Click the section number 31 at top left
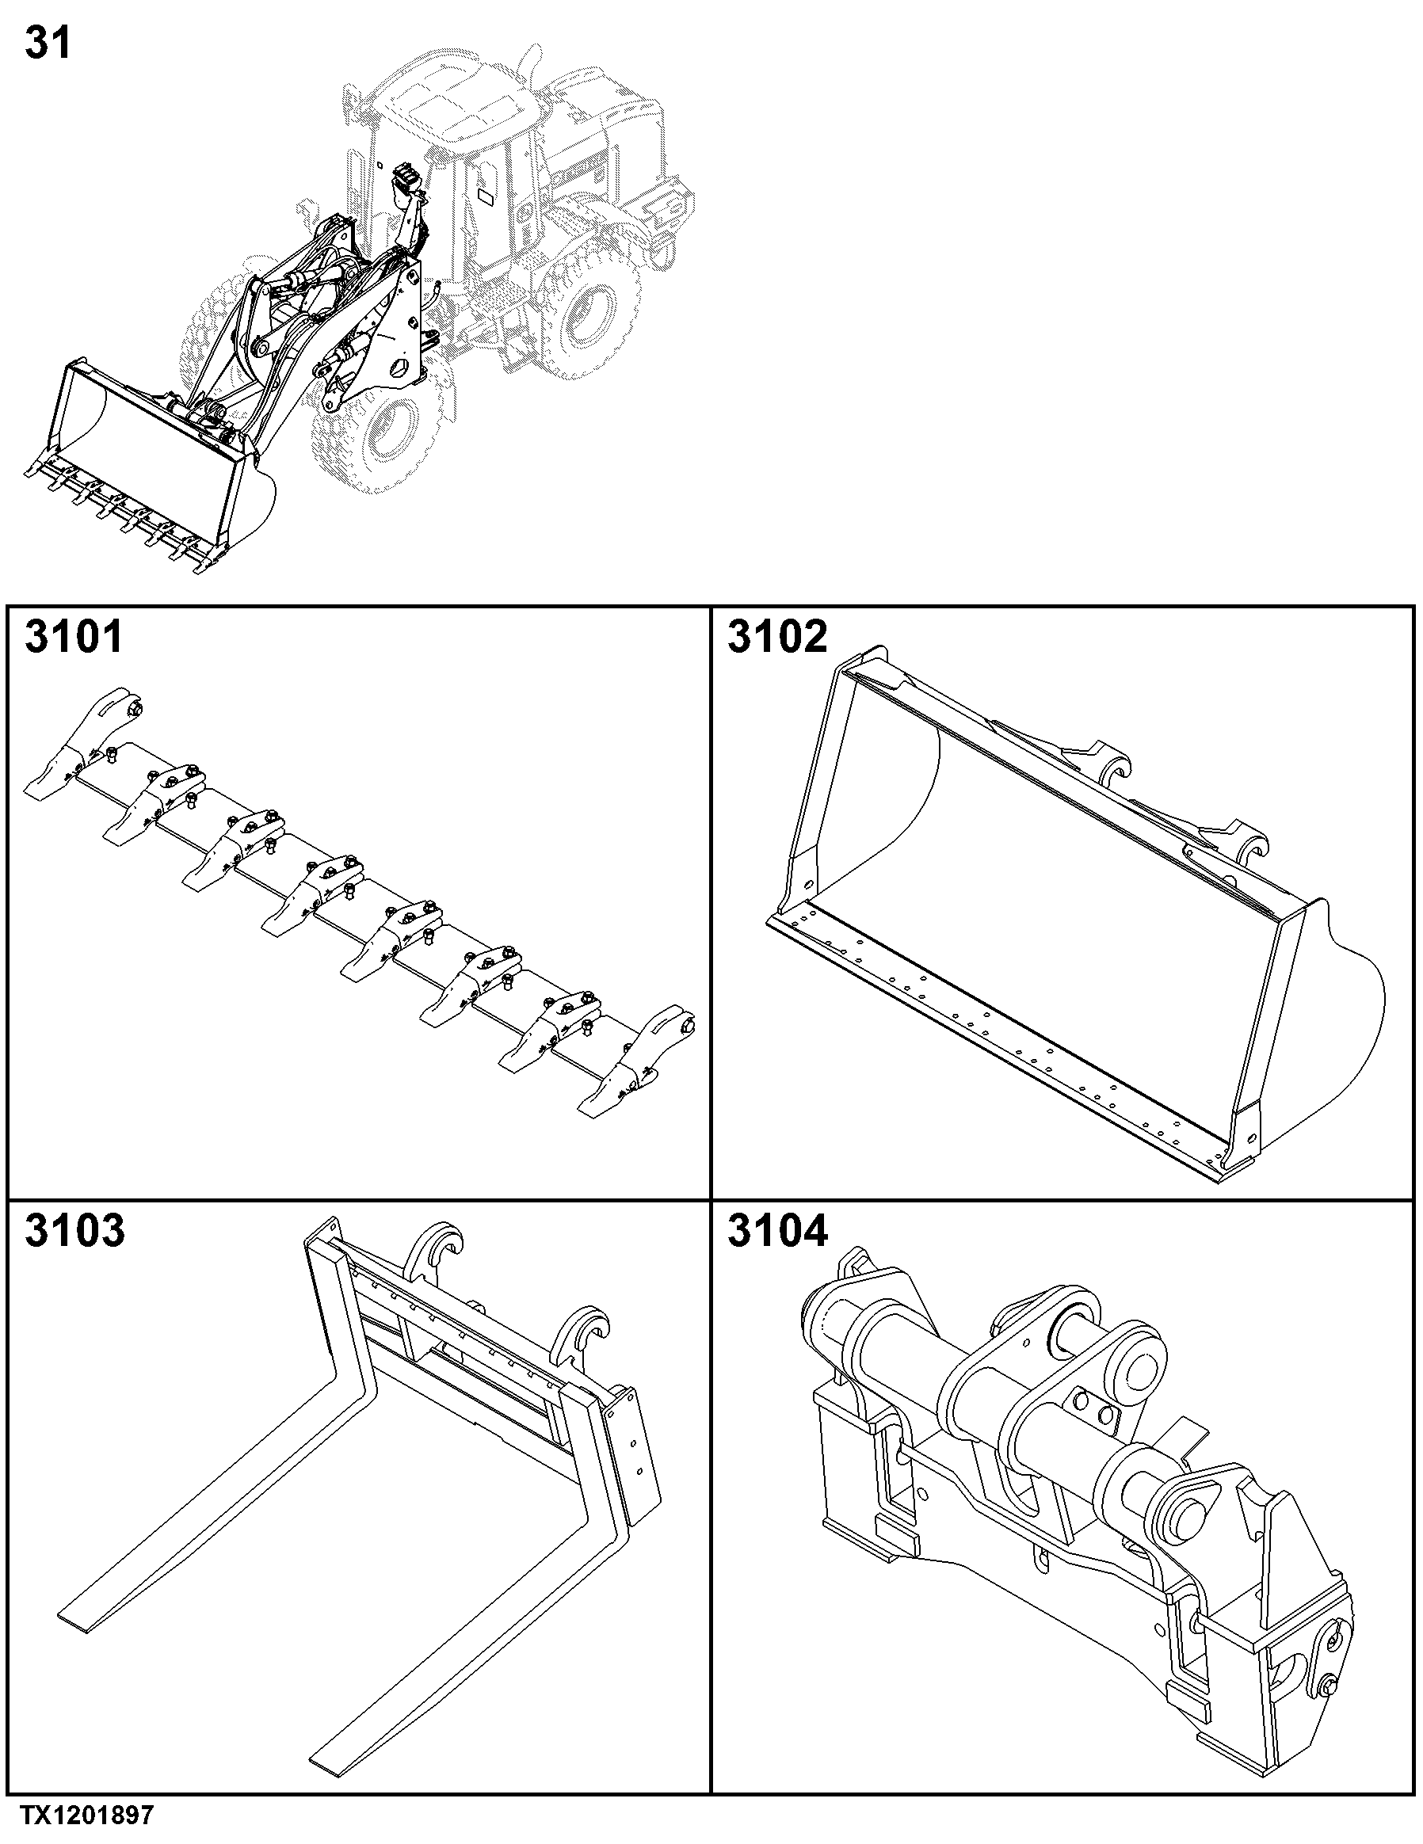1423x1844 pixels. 48,42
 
